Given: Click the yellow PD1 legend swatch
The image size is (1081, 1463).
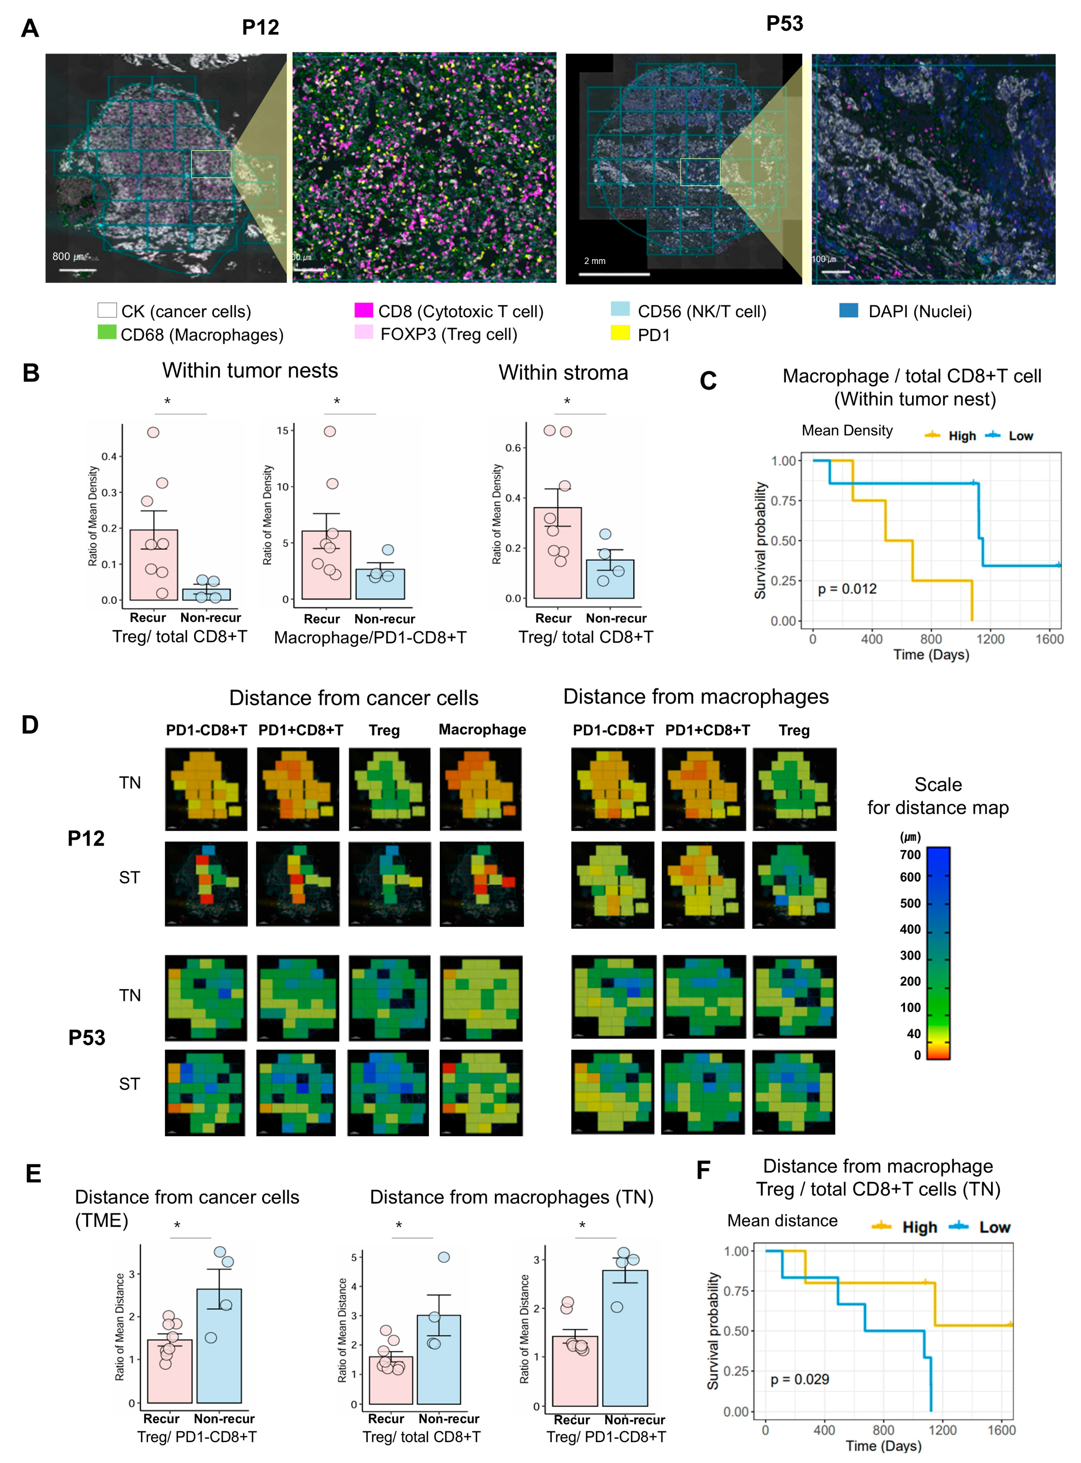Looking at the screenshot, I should coord(620,333).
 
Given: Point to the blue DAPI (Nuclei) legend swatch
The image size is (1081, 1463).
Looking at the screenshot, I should coord(848,310).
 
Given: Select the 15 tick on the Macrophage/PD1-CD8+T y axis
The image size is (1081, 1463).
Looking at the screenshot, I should coord(282,431).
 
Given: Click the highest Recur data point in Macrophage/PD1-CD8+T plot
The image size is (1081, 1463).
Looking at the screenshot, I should coord(330,431).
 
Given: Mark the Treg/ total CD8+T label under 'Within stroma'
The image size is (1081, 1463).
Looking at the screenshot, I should coord(586,637).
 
